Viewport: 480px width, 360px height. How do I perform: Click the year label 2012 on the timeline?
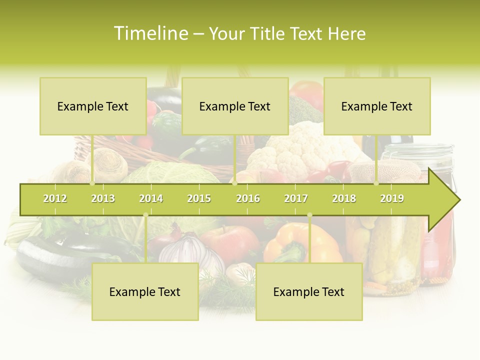55,198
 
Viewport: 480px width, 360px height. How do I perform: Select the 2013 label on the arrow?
103,198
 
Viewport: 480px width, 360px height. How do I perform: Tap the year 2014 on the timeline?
151,198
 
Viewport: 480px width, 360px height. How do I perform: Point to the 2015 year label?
199,198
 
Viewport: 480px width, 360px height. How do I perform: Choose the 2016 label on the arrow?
248,198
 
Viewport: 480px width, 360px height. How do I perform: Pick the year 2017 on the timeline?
296,198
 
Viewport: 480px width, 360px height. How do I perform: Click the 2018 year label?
344,198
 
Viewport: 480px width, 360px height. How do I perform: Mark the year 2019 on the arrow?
392,198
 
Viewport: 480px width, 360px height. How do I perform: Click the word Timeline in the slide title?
150,33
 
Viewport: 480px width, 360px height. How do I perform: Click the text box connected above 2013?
93,106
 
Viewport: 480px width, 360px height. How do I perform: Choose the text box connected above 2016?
235,106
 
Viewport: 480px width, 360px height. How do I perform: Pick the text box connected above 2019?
377,106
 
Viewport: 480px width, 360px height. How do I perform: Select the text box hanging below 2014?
145,291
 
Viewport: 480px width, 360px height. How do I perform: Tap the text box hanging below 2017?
309,291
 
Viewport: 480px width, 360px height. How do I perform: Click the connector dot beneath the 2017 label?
309,215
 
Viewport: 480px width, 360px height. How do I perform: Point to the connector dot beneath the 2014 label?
145,215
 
